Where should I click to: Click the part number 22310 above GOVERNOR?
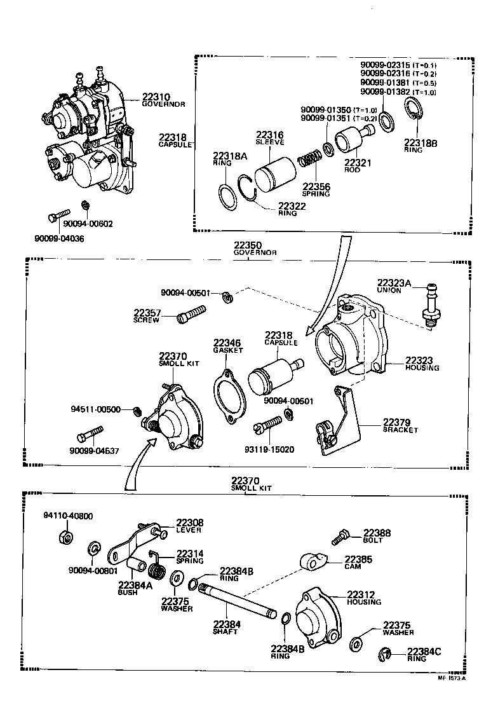tap(155, 97)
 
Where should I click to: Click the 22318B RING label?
tap(419, 144)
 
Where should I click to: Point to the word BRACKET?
tap(400, 430)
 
